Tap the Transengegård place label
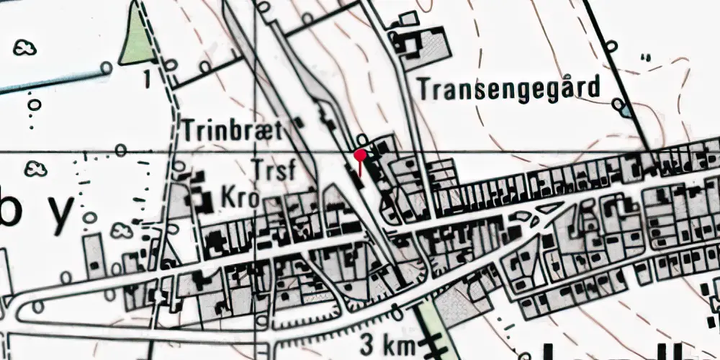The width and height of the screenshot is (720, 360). [x=509, y=89]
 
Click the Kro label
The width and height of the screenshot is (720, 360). [x=239, y=198]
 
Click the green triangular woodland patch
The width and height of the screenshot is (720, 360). [x=136, y=40]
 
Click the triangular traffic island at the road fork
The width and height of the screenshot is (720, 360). [x=550, y=209]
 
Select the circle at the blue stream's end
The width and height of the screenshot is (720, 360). [x=106, y=68]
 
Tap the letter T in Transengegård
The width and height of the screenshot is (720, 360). [x=423, y=89]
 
